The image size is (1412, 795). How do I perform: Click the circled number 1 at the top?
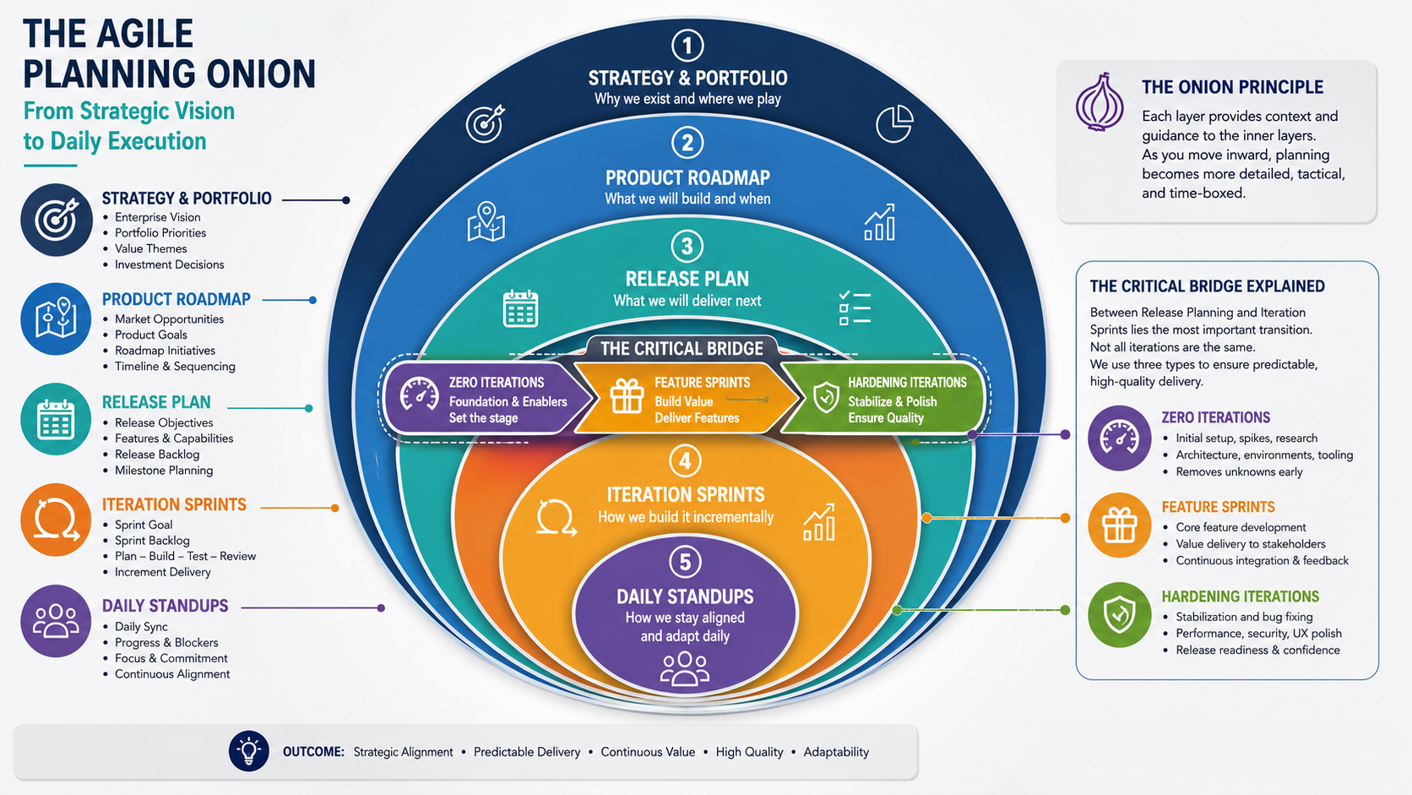687,46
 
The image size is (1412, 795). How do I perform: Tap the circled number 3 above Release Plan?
687,247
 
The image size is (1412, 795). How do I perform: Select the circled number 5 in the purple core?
685,562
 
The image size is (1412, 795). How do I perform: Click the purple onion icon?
1100,102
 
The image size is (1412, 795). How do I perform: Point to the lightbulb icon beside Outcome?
249,752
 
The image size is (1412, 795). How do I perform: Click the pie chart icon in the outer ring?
894,123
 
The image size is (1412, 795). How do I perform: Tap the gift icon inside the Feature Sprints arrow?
627,396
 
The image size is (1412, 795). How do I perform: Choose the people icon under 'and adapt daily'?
685,668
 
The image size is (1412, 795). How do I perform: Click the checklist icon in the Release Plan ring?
855,308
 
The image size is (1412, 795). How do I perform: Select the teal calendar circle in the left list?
56,419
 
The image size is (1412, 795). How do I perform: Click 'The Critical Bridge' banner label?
682,349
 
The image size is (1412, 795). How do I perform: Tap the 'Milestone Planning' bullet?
164,471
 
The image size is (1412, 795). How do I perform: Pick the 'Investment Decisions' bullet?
169,264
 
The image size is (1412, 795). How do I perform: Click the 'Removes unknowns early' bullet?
1239,472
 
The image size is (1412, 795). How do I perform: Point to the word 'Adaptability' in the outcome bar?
836,752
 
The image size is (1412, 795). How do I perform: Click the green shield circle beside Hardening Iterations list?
1120,615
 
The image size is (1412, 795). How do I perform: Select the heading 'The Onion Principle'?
1232,87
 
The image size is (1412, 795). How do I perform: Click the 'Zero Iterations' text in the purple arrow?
496,383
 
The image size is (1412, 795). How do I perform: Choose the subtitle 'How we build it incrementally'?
685,518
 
